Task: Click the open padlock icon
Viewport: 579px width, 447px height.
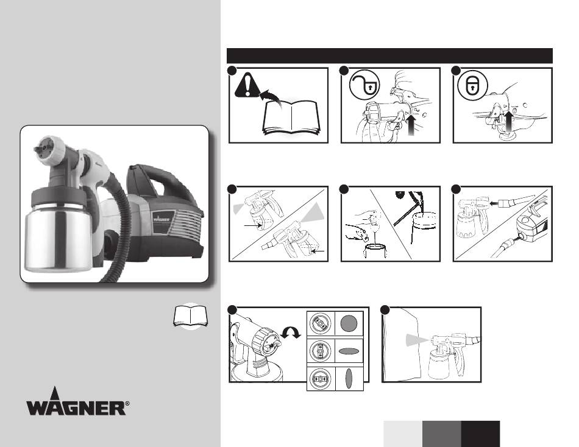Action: click(x=364, y=85)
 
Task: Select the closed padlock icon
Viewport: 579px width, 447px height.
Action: click(x=472, y=86)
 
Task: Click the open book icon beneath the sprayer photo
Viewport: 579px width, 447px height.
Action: click(x=191, y=316)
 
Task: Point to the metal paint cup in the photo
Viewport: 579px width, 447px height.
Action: click(x=59, y=236)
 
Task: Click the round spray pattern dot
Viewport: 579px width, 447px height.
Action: click(x=349, y=324)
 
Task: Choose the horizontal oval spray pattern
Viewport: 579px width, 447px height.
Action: click(x=349, y=351)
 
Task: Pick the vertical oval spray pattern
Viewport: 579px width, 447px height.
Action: click(x=349, y=379)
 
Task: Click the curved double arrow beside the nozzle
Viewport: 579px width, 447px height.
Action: click(x=291, y=333)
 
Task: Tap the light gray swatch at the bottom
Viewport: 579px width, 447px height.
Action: click(x=403, y=434)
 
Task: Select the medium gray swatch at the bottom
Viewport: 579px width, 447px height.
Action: click(x=442, y=434)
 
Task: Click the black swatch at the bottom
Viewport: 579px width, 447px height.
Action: click(x=480, y=434)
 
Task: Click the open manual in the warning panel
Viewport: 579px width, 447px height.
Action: click(x=291, y=119)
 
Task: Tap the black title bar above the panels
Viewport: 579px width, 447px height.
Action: click(x=389, y=56)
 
